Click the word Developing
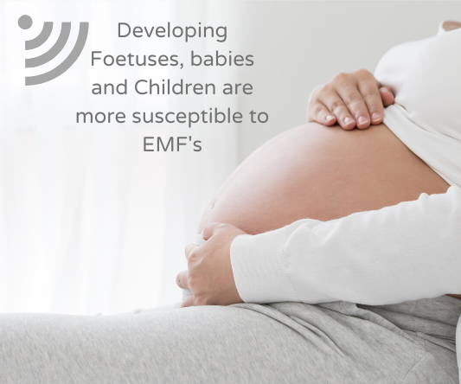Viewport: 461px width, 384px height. [172, 32]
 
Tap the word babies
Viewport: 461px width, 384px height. [222, 59]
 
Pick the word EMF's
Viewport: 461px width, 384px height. [172, 144]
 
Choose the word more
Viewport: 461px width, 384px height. [101, 117]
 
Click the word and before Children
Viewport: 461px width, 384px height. [110, 87]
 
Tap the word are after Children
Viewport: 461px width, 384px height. [238, 89]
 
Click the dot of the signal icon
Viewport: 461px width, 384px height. [25, 22]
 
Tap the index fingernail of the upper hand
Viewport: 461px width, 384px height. [330, 118]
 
